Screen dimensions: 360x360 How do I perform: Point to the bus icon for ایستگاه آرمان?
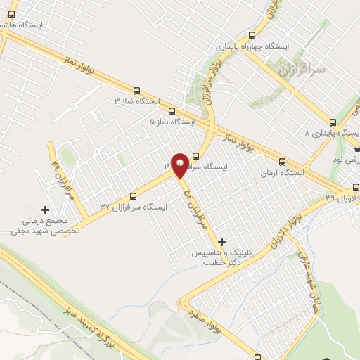282,161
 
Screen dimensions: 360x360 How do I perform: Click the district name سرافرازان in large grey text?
302,71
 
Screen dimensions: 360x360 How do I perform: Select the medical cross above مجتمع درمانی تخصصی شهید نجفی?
46,210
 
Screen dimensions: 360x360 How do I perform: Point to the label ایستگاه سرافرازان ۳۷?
134,207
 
